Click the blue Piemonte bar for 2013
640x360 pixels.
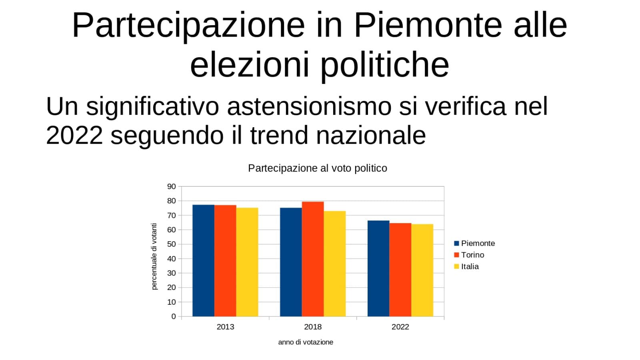(x=204, y=260)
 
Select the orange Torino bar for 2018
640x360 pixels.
(x=313, y=259)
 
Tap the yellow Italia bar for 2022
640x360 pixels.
(x=422, y=270)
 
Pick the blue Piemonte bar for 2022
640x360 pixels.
(x=378, y=268)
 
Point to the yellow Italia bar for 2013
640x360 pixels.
(x=247, y=262)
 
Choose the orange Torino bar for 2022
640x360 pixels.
(x=400, y=270)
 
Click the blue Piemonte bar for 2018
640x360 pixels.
(x=291, y=262)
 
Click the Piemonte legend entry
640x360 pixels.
(x=474, y=244)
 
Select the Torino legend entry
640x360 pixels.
(x=469, y=255)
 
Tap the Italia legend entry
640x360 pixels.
(x=466, y=266)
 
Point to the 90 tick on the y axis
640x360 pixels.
(x=172, y=186)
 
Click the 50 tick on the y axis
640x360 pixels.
(x=172, y=244)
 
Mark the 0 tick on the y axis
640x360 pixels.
(x=174, y=316)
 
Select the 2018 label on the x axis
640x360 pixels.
(x=313, y=327)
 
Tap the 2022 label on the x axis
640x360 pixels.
(x=400, y=327)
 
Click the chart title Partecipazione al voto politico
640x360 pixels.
(x=318, y=168)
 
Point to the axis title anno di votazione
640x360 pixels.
(x=306, y=342)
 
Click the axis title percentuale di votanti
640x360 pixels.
(x=154, y=256)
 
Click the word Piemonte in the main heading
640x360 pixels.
(x=428, y=25)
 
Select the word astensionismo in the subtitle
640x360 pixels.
(x=309, y=106)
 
